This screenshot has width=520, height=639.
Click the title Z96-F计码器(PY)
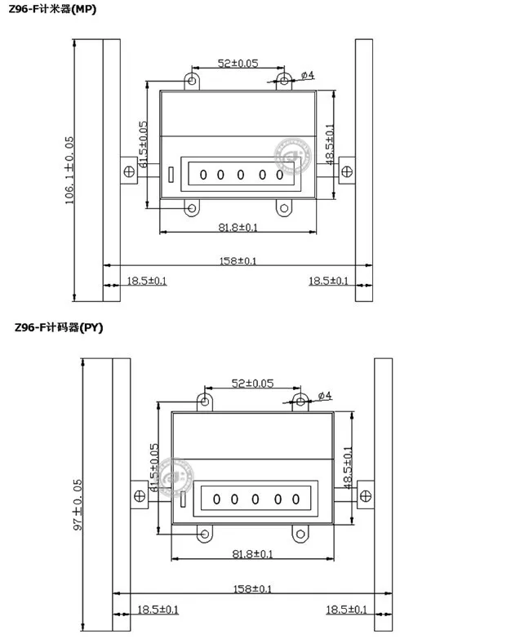[59, 327]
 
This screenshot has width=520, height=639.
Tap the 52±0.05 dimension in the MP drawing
[238, 63]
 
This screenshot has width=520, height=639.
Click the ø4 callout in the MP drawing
[308, 75]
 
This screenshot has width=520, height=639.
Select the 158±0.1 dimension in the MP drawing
[238, 260]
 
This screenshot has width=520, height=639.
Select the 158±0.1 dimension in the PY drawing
[252, 588]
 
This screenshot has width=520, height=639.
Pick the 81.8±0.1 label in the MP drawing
[238, 228]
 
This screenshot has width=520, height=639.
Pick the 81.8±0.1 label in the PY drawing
[252, 553]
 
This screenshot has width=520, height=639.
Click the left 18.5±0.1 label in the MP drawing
[146, 281]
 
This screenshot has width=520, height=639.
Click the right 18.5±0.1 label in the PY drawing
[346, 609]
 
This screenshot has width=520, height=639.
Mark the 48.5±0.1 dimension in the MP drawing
[329, 143]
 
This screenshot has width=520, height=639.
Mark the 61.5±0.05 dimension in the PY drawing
[155, 473]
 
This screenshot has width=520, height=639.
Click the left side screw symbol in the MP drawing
[129, 171]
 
